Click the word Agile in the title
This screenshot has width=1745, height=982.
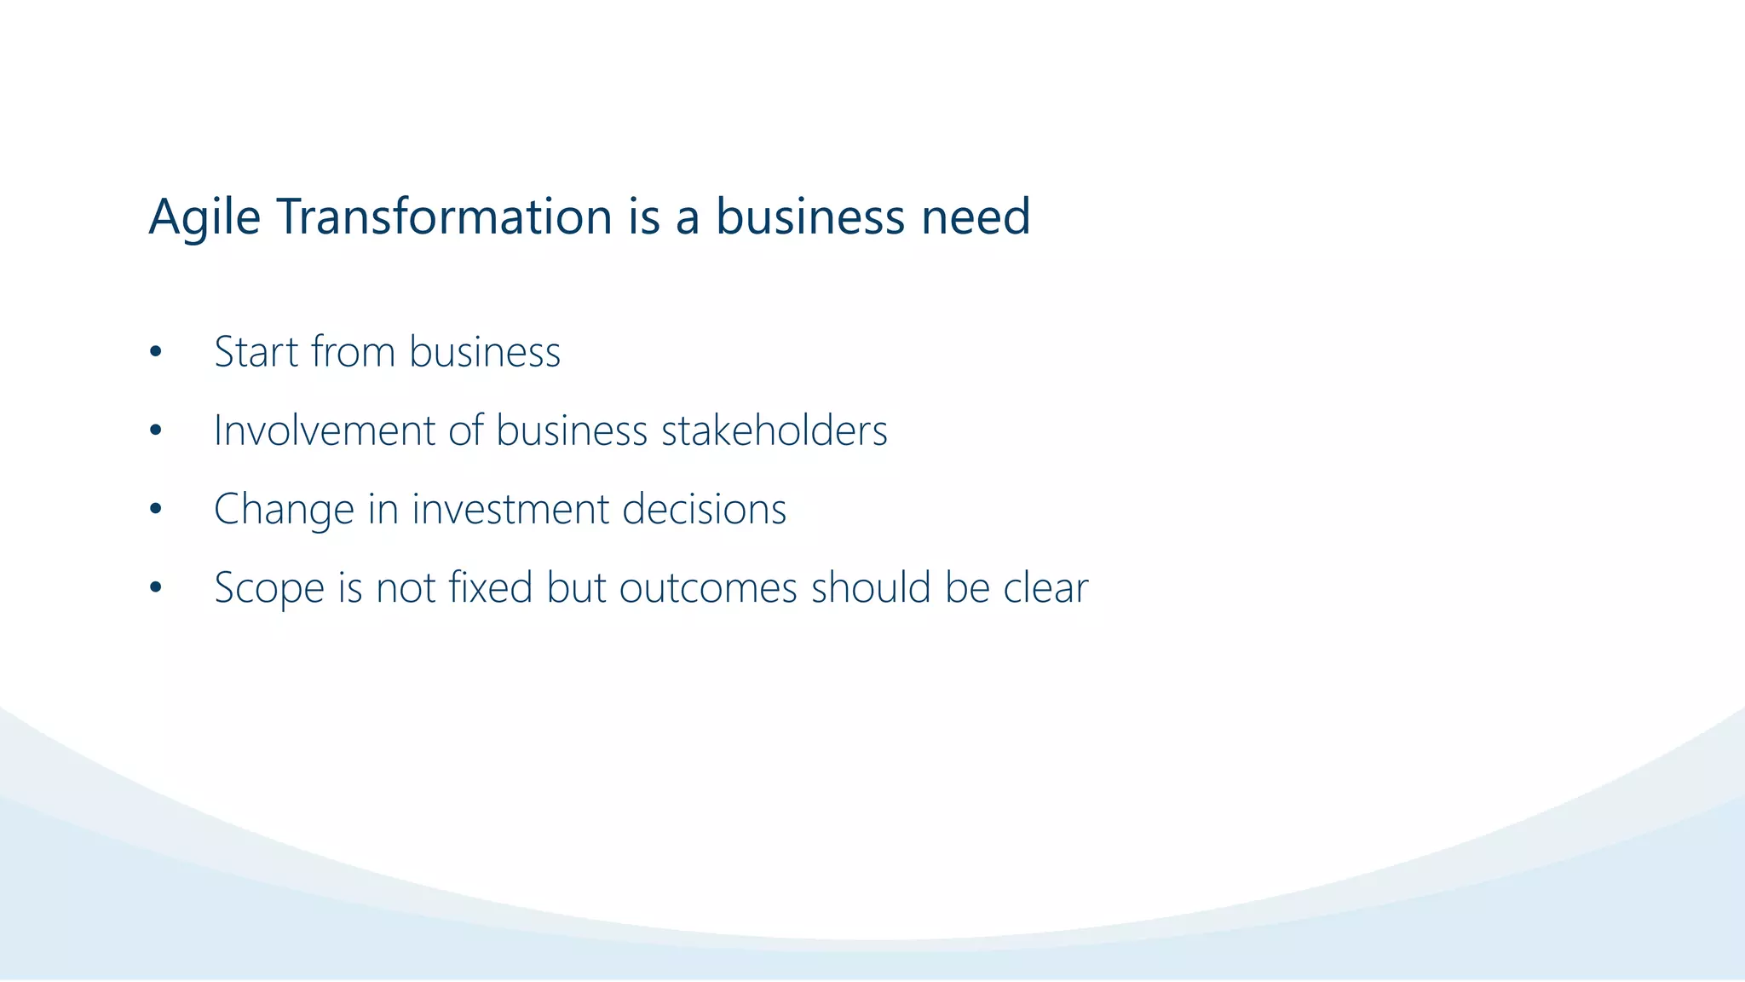(204, 217)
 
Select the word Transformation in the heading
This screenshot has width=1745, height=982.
(444, 217)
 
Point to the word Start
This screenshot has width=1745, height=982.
(256, 352)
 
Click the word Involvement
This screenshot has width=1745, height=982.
(325, 430)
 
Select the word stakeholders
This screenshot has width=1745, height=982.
(775, 430)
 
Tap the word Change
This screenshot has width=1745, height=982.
(284, 510)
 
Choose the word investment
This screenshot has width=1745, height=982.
(510, 510)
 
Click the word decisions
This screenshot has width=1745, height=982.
(705, 510)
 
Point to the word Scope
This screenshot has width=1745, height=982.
(269, 588)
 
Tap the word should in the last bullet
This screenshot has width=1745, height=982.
(871, 588)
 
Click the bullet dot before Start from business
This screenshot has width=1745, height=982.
(155, 352)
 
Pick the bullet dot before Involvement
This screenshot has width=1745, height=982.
(155, 431)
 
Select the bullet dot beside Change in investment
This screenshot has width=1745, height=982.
(155, 510)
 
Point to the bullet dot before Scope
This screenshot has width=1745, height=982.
(155, 588)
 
